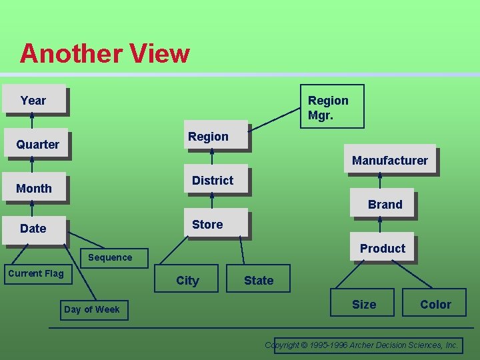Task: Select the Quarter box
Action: [x=37, y=144]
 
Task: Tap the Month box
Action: [x=34, y=188]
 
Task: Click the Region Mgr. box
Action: [x=331, y=107]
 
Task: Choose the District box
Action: [x=213, y=180]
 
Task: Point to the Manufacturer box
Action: [x=390, y=160]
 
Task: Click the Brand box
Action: [x=385, y=204]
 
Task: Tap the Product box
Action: [x=382, y=248]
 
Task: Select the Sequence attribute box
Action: [x=110, y=257]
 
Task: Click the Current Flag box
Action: [x=36, y=273]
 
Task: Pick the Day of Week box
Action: [x=92, y=309]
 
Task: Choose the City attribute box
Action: [x=187, y=280]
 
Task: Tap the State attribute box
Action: [x=259, y=280]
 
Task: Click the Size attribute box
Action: [x=364, y=304]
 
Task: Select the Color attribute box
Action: [x=435, y=304]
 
